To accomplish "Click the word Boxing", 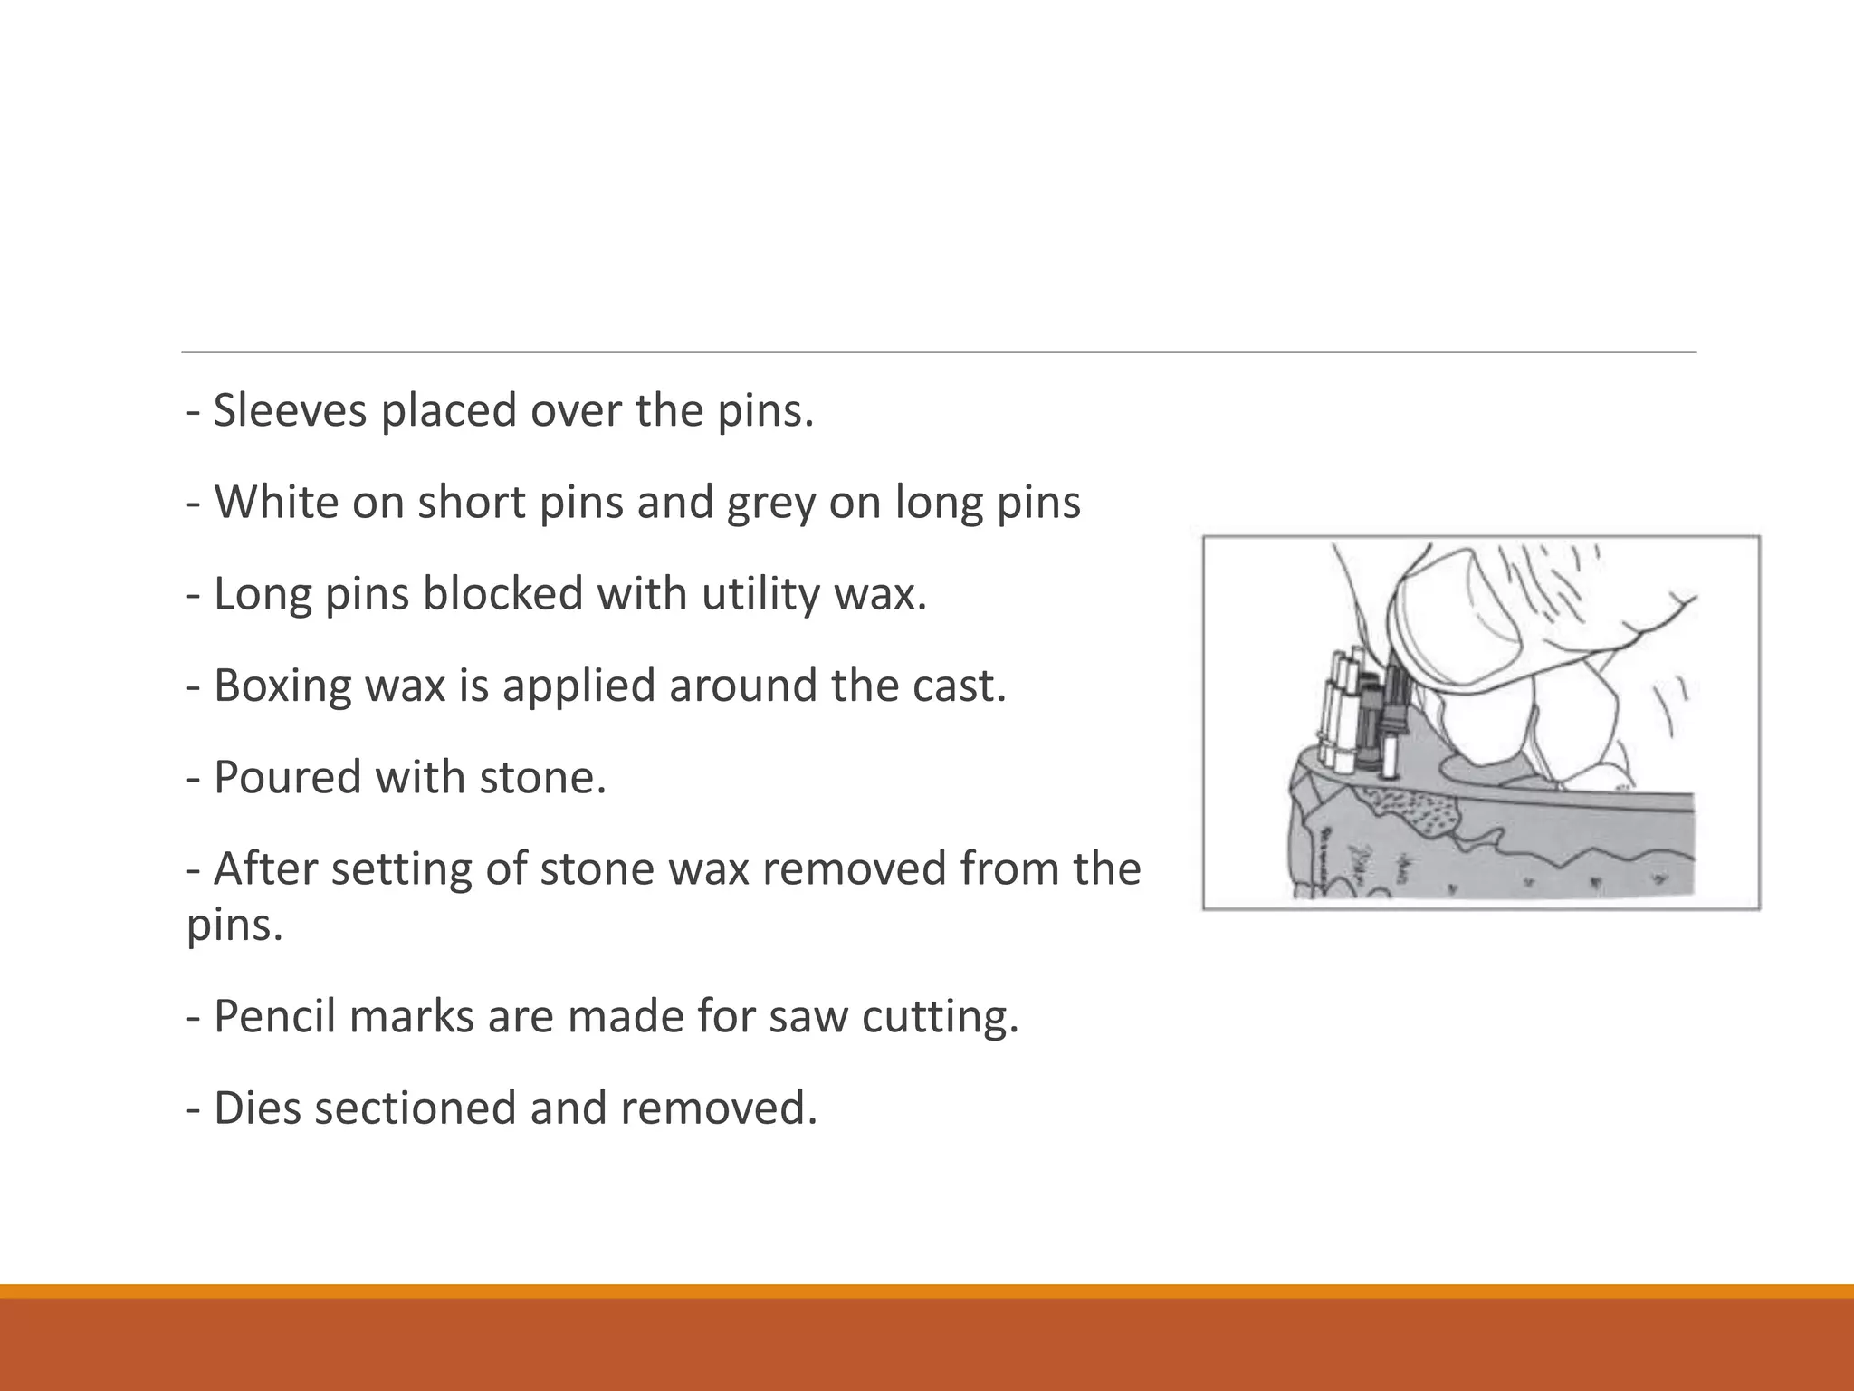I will click(x=282, y=686).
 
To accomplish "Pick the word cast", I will click(x=959, y=686).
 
